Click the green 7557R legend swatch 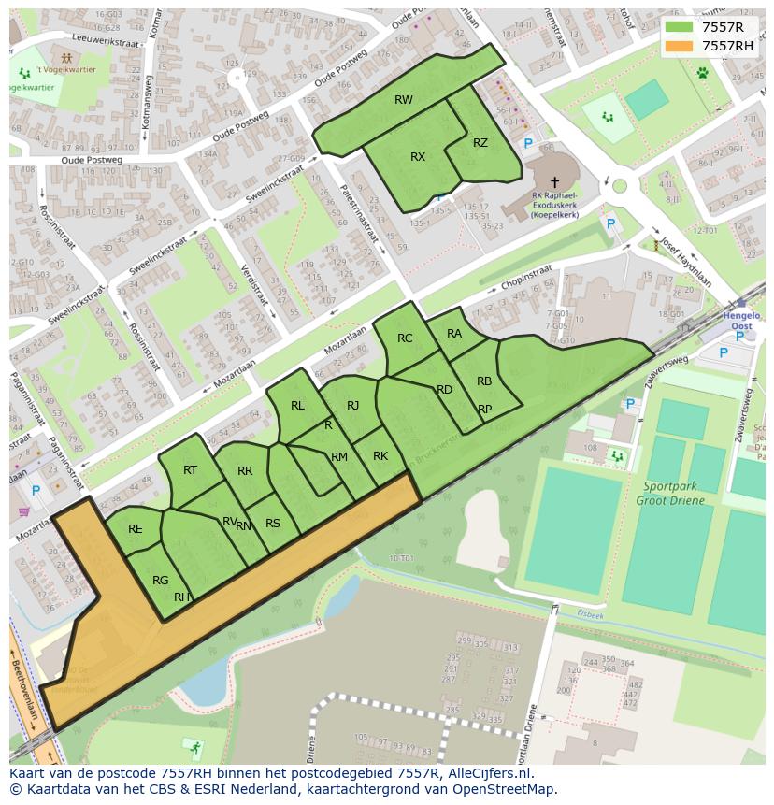(679, 28)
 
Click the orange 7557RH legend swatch (679, 46)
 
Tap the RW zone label (403, 100)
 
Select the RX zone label (418, 157)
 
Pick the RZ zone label (480, 143)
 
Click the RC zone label (405, 338)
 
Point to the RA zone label (454, 334)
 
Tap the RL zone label (297, 406)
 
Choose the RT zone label (190, 470)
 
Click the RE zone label (136, 529)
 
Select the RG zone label (160, 581)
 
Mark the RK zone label (380, 456)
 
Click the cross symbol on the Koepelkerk (554, 182)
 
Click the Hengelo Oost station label (741, 323)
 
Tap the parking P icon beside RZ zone (528, 144)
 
